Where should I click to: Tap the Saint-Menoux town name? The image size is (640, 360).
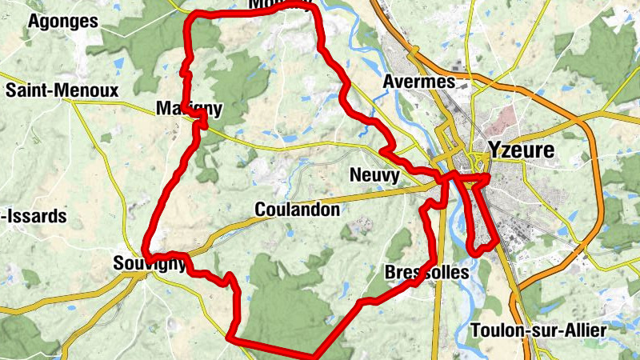62,90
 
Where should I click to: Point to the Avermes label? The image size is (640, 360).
418,82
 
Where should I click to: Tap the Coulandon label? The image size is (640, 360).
297,210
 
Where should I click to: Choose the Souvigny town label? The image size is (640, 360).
150,262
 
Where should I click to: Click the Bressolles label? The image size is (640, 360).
426,272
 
